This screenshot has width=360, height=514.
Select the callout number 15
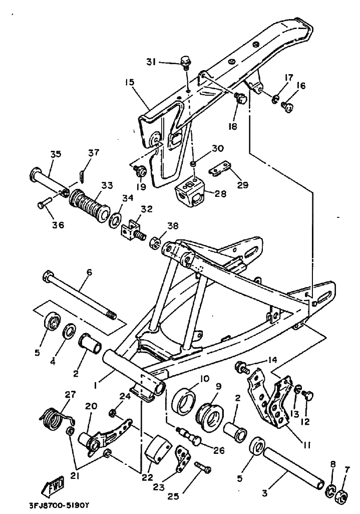coord(130,82)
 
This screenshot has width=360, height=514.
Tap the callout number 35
coord(55,154)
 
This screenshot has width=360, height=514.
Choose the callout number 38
coord(172,226)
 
